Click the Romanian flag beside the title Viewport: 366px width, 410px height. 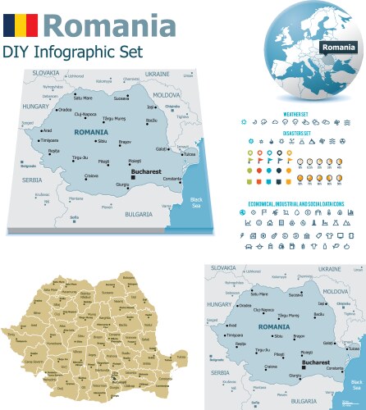[20, 24]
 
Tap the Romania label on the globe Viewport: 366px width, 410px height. [337, 48]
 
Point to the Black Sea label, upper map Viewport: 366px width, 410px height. [197, 203]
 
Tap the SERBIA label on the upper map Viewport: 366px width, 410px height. [32, 180]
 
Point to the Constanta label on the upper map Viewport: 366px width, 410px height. [172, 180]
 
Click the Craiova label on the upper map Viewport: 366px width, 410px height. [93, 175]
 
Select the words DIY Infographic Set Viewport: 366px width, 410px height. [72, 51]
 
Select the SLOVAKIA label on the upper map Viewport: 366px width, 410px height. [46, 72]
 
